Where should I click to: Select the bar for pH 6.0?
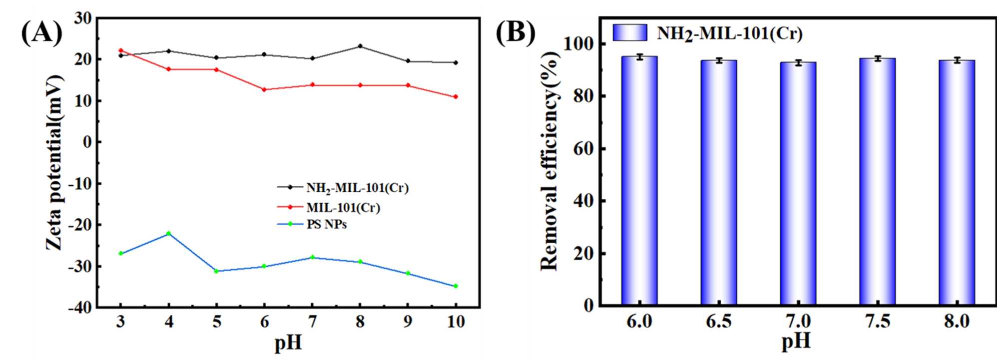click(x=639, y=180)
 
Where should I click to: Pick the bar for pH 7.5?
click(x=877, y=181)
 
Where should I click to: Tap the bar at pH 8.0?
click(x=957, y=182)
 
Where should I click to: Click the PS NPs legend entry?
click(x=326, y=224)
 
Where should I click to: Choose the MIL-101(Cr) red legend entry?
click(x=343, y=207)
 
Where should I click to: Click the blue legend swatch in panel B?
click(x=630, y=32)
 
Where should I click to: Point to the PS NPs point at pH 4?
click(x=169, y=233)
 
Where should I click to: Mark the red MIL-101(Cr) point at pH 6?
click(x=264, y=89)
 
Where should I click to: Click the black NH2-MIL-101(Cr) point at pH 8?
click(x=360, y=46)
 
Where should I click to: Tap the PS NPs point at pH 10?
click(x=456, y=286)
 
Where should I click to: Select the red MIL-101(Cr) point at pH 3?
click(x=121, y=50)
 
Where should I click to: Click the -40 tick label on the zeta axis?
click(x=80, y=308)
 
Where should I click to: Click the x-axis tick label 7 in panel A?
click(x=312, y=322)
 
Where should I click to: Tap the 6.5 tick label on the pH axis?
click(x=718, y=321)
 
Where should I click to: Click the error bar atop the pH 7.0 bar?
click(x=798, y=62)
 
